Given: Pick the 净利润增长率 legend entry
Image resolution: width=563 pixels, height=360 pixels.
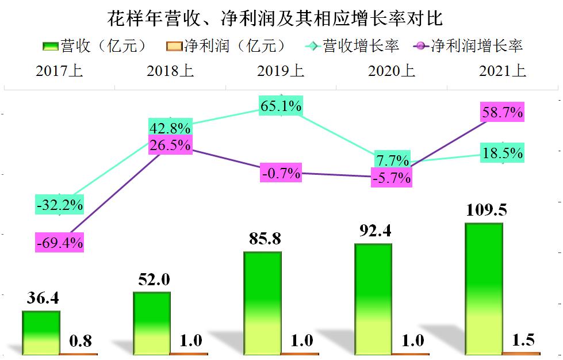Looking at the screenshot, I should click(x=468, y=46).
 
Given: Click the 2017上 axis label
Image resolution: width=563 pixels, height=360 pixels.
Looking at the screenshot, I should click(x=59, y=71).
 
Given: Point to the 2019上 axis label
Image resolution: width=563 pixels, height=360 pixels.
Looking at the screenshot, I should click(x=281, y=71).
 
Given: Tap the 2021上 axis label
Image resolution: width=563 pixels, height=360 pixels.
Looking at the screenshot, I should click(x=502, y=71).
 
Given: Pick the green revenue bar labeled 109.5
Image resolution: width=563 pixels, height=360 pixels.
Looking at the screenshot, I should click(x=484, y=288).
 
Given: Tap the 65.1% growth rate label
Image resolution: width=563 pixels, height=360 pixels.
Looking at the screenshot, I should click(x=281, y=106).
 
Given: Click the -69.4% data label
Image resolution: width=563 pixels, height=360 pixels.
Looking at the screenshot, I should click(x=59, y=242).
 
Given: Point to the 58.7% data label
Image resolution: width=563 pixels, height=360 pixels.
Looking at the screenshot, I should click(x=502, y=113).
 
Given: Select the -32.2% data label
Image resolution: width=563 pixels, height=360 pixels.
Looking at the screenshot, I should click(x=59, y=204).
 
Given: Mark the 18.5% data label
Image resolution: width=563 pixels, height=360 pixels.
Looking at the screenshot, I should click(x=502, y=154).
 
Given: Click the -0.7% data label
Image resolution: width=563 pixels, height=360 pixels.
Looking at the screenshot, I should click(x=281, y=173).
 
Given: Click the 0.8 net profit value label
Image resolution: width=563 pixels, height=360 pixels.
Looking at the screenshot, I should click(x=80, y=341).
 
